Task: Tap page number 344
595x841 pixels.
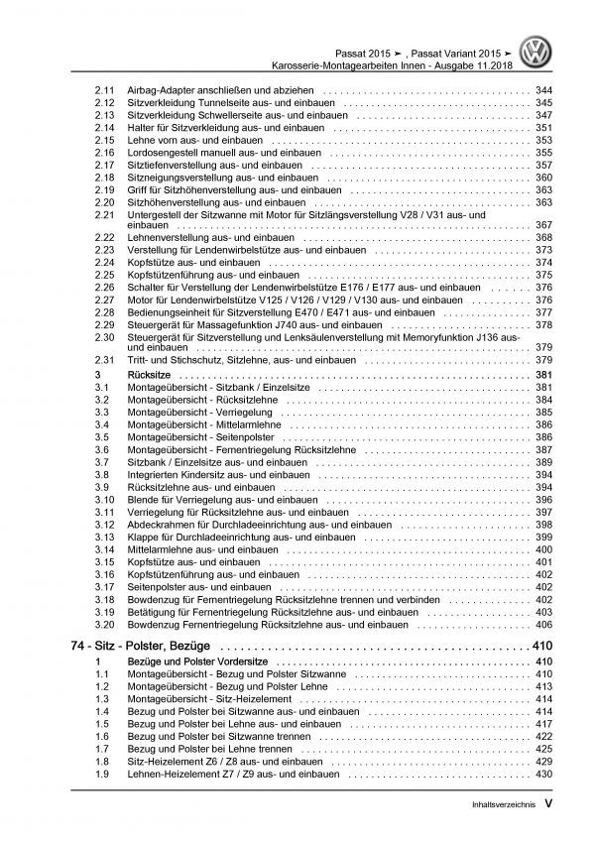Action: coord(542,91)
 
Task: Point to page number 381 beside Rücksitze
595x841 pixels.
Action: coord(542,376)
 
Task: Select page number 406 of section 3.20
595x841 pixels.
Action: coord(542,624)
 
